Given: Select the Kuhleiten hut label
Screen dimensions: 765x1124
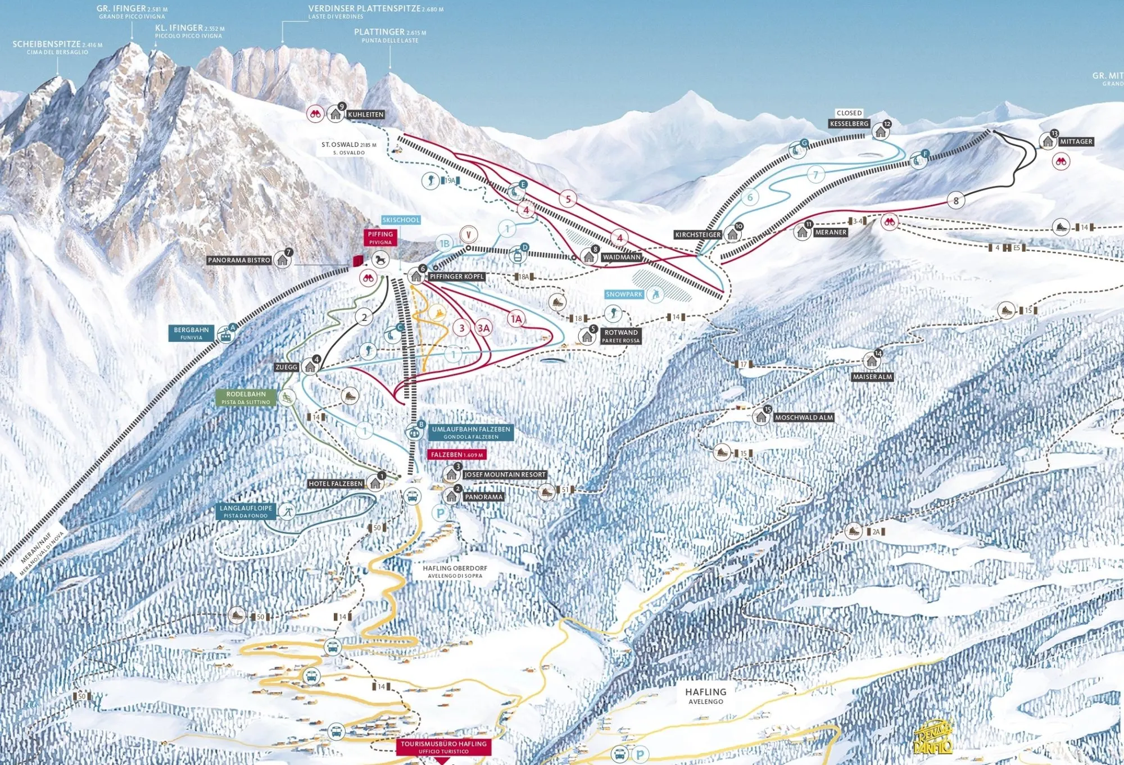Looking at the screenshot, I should point(366,115).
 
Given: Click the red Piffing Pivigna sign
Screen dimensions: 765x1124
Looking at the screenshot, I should point(380,238).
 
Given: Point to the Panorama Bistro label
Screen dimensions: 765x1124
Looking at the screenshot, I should point(239,260).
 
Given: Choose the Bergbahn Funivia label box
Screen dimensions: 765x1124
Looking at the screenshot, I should point(191,333).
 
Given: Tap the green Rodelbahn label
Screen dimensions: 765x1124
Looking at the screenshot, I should point(246,397).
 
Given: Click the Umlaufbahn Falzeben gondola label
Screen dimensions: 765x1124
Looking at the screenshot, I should point(471,432).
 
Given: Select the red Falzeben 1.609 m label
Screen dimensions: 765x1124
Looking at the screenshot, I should point(456,455).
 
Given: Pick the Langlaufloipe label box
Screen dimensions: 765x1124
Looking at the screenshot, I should point(246,511).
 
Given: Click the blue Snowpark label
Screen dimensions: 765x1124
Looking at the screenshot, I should point(624,295).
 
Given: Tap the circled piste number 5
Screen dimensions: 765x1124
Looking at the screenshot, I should point(568,199).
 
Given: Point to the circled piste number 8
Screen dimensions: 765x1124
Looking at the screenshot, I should point(956,200).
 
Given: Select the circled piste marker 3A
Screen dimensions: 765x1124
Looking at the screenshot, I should point(483,328).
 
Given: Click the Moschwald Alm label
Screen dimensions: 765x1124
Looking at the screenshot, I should point(804,418).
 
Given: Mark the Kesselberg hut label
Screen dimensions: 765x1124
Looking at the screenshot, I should point(849,124).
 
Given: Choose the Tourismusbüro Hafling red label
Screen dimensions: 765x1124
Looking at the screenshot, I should point(443,747).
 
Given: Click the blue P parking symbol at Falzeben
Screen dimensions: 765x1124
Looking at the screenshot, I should point(441,513).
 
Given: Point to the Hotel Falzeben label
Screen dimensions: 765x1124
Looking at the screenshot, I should point(336,484).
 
